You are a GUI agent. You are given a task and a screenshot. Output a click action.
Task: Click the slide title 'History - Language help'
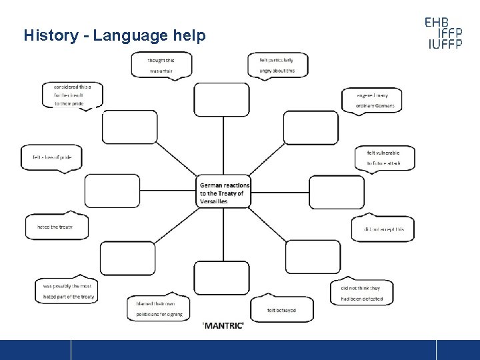coord(115,35)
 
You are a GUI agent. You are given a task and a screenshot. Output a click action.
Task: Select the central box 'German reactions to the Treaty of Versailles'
coord(225,193)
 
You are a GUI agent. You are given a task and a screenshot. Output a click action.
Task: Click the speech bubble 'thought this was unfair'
coord(161,65)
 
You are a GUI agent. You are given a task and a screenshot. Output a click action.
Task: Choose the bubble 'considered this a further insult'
coord(73,95)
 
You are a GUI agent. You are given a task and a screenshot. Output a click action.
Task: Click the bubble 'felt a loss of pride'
coord(51,157)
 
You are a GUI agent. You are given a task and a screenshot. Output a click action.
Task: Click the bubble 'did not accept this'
coord(383,229)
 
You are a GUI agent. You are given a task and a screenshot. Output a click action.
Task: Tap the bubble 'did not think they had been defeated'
coord(361,293)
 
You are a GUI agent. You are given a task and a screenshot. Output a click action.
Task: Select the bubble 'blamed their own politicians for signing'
coord(159,309)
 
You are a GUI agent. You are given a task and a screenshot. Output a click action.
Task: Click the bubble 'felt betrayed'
coord(281,310)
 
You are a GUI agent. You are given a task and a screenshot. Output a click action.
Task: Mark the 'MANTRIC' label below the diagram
coord(223,325)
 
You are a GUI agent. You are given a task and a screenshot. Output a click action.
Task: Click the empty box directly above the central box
coord(222,99)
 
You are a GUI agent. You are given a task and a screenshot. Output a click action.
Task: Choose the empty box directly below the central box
coord(222,277)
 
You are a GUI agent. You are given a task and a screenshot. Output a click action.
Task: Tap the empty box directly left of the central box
coord(113,191)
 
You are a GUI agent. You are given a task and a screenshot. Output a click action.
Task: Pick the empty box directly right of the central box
coord(337,192)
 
